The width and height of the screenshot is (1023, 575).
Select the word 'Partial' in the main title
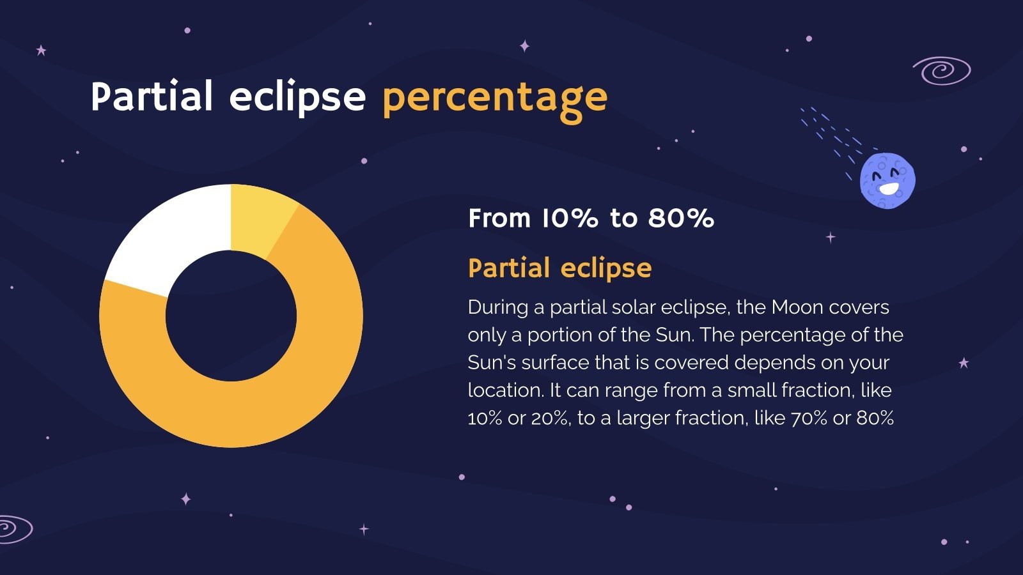[x=152, y=97]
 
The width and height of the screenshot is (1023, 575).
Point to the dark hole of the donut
[x=231, y=316]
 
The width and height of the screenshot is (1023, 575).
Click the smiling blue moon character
[x=887, y=180]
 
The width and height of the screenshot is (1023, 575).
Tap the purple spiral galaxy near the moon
[x=941, y=70]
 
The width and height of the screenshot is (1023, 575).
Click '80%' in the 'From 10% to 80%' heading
[x=681, y=218]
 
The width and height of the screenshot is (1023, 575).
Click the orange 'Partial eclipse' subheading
[x=559, y=268]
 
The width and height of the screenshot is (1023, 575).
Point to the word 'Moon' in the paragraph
[x=797, y=307]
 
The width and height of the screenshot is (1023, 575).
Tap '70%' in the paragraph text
[x=809, y=418]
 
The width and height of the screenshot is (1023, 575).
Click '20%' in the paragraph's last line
[x=550, y=418]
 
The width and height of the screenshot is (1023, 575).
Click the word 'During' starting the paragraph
[x=497, y=307]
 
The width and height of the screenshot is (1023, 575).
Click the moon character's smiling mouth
[x=889, y=189]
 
